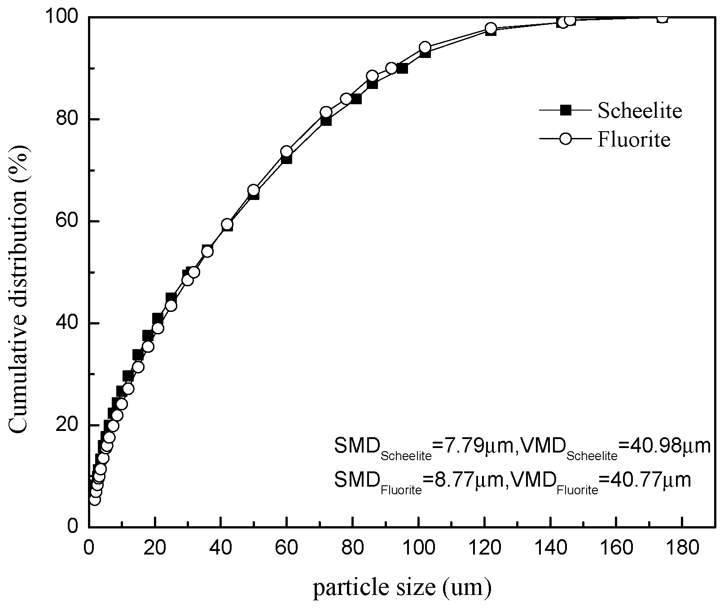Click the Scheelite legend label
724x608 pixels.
click(640, 111)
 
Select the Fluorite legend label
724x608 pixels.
click(634, 139)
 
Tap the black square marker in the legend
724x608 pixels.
click(566, 110)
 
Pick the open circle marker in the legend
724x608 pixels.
click(566, 138)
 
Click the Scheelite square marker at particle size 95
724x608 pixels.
click(402, 68)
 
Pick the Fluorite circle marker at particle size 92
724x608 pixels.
click(391, 68)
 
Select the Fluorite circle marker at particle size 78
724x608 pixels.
click(346, 99)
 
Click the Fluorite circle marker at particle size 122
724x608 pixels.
click(491, 28)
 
